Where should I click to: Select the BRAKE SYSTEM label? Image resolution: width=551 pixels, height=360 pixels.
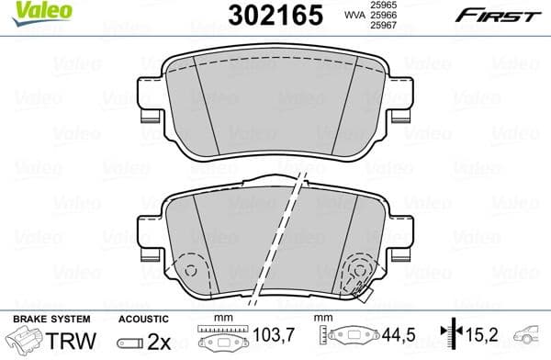point(43,318)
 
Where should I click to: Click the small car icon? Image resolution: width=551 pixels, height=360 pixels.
point(531,337)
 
